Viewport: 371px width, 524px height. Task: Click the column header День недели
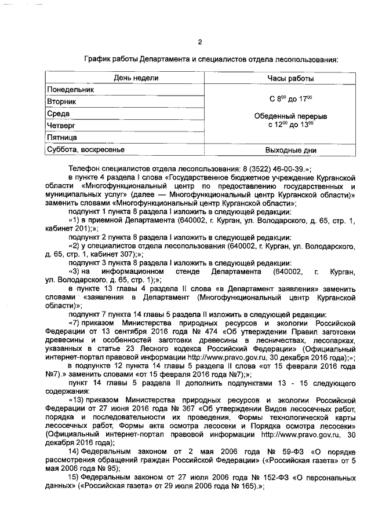132,78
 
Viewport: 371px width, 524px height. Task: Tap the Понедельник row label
70,90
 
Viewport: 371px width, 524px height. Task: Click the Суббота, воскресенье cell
85,150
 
